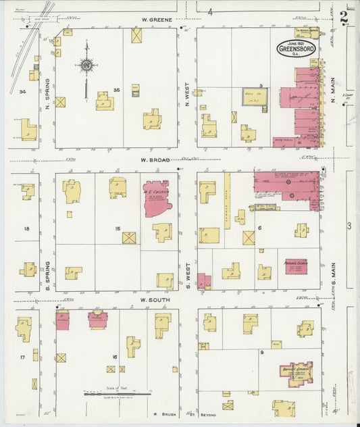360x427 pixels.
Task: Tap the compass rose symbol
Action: pyautogui.click(x=86, y=66)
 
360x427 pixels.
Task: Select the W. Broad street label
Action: pyautogui.click(x=153, y=160)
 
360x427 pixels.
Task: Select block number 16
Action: pyautogui.click(x=115, y=356)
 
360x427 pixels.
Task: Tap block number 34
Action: pyautogui.click(x=22, y=91)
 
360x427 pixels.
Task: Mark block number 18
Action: pyautogui.click(x=26, y=229)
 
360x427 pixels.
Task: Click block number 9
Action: pyautogui.click(x=261, y=353)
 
